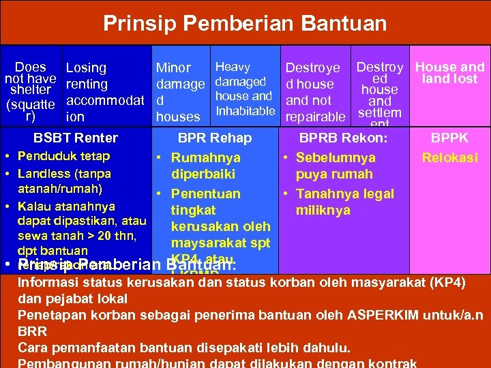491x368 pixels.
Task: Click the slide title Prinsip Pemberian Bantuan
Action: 245,25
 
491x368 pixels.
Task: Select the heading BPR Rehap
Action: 215,138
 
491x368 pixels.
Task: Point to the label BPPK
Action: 449,138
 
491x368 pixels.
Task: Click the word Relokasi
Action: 449,158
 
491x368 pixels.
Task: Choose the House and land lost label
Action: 449,73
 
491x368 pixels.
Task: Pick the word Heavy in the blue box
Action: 233,67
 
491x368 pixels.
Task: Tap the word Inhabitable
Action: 245,111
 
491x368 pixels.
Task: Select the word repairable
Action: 315,117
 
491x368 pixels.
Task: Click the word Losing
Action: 86,68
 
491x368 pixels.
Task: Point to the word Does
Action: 31,67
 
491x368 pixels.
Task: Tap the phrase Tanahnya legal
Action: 345,194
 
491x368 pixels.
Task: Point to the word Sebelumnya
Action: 336,158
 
